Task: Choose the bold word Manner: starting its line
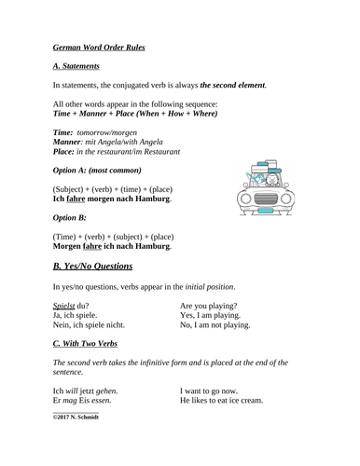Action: tap(70, 141)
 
